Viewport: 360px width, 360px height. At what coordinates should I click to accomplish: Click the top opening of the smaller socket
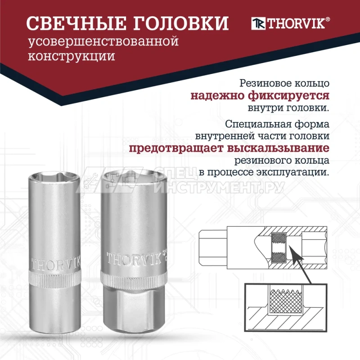click(x=54, y=176)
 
